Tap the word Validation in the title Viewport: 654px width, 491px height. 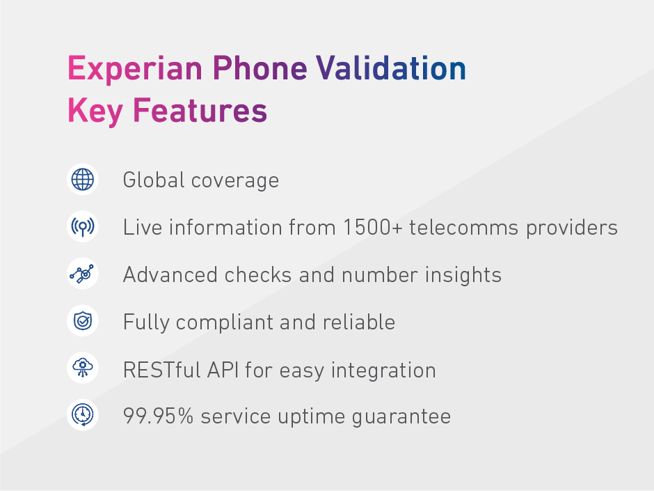tap(391, 69)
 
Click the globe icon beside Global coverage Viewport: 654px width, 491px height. tap(83, 180)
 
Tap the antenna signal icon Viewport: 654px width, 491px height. tap(83, 227)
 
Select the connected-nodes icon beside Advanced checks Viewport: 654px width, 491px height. tap(83, 274)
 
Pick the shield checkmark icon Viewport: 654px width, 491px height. tap(83, 322)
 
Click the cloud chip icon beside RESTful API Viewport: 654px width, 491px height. tap(83, 369)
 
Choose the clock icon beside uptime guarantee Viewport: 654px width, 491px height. tap(83, 416)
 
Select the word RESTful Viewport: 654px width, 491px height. tap(161, 370)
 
